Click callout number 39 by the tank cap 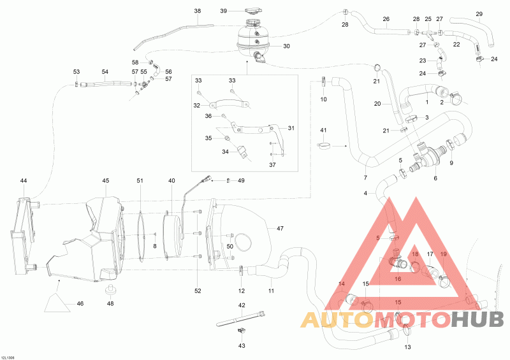224,11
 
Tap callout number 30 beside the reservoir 286,46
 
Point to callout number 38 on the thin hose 197,11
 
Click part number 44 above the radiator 24,181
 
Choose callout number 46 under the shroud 80,303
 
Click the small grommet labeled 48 110,291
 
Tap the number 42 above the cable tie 242,305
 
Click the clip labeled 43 241,331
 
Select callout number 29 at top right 479,14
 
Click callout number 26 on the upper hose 386,19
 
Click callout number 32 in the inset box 198,105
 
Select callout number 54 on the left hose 105,72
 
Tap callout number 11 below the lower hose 271,291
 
